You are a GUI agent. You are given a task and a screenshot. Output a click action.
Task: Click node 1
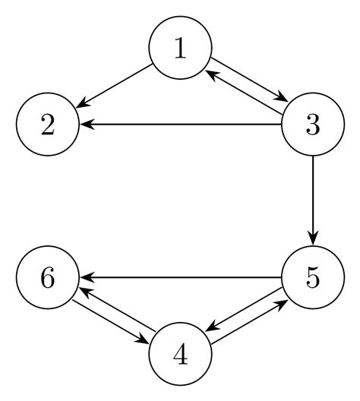point(180,49)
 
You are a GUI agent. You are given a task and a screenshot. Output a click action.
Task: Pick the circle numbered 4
point(180,354)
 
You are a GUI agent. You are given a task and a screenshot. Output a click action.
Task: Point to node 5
point(312,278)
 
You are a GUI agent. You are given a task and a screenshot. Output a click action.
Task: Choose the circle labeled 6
point(48,278)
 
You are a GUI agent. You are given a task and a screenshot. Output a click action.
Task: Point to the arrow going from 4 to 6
point(118,309)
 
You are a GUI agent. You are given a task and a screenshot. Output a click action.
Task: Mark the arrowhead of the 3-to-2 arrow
point(86,125)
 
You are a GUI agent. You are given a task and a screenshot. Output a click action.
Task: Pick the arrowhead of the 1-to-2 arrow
point(83,104)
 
